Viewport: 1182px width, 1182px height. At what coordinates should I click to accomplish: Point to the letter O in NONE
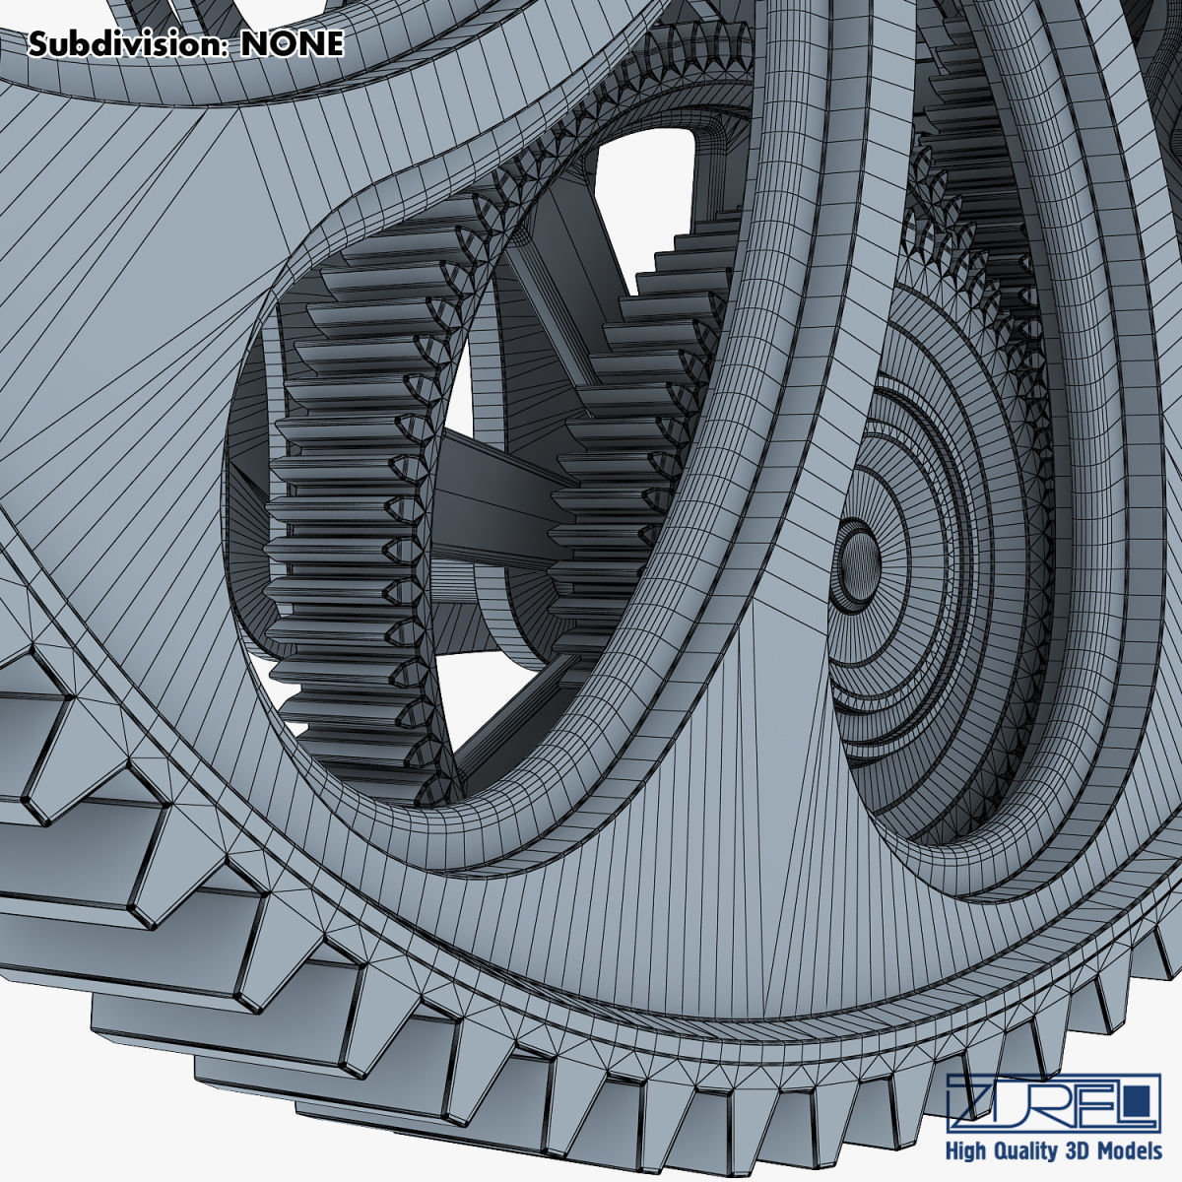[x=282, y=43]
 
